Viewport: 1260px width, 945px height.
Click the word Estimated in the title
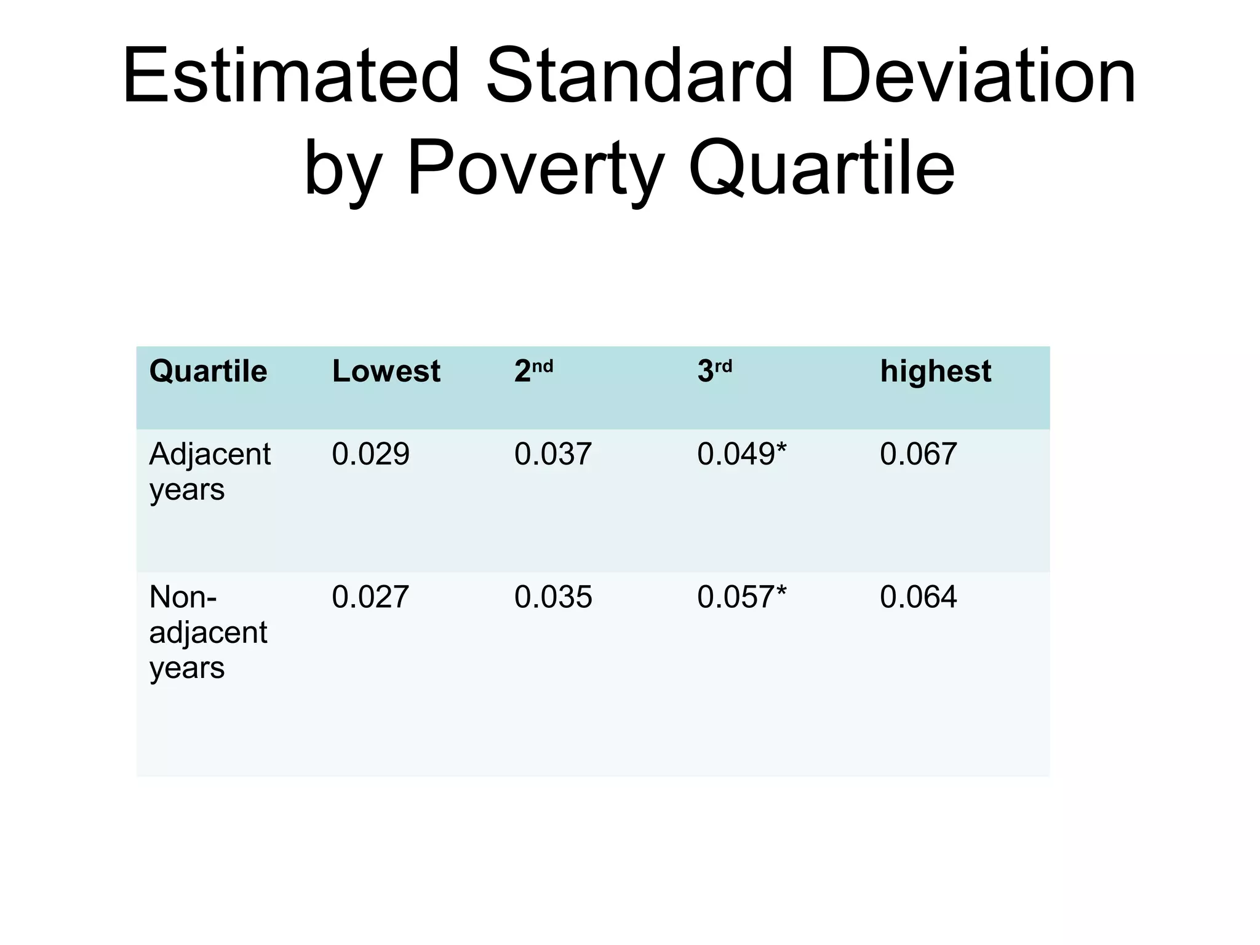point(292,76)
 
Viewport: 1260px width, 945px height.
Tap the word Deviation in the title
point(977,76)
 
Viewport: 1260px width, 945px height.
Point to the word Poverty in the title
point(534,167)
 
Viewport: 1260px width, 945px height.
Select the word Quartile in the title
point(821,167)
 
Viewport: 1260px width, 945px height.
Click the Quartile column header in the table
point(208,372)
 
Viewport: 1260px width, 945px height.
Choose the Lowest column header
point(386,372)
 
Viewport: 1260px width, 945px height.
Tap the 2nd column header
point(533,372)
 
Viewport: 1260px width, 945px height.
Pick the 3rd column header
point(714,372)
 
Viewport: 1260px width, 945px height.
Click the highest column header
point(935,372)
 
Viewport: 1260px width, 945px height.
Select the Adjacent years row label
point(210,472)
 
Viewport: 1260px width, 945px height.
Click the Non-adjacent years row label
point(208,632)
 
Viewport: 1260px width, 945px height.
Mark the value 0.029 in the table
point(370,455)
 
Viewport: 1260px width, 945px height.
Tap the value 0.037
point(553,455)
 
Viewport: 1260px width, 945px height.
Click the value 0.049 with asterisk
point(741,455)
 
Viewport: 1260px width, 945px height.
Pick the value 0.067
point(918,455)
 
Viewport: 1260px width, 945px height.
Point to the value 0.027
point(370,597)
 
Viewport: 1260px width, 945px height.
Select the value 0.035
point(553,597)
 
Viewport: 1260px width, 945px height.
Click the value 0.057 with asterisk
point(741,597)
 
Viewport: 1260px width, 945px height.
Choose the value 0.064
point(918,597)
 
